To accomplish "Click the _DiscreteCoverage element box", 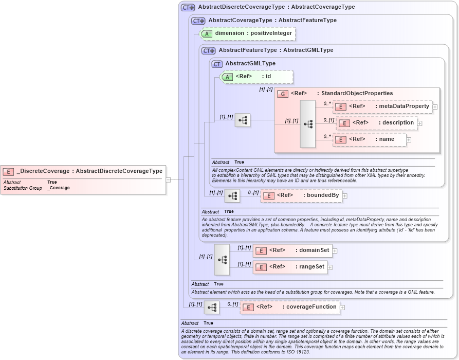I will (83, 171).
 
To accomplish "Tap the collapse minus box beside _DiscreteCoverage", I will (168, 179).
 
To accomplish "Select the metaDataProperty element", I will (382, 106).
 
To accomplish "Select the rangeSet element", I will (290, 267).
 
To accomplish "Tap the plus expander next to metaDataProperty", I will (435, 107).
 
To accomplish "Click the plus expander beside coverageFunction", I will (342, 308).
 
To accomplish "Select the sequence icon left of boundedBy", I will (232, 195).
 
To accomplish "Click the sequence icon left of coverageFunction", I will (212, 308).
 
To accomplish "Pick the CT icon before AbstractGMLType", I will (217, 64).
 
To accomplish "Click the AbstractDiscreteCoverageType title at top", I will (276, 7).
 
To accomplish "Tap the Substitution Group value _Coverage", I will (58, 188).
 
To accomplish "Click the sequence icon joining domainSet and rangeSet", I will (222, 259).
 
